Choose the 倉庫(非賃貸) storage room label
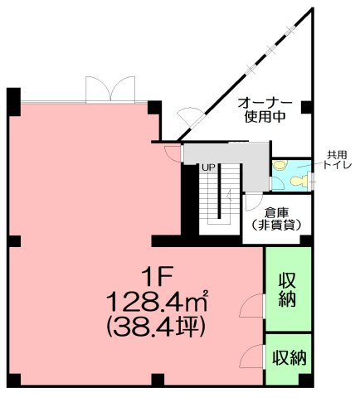pos(275,218)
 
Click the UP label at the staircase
pos(208,168)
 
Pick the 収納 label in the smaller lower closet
pos(288,357)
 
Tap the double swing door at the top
pos(109,90)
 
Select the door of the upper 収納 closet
pos(253,305)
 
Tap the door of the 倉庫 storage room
pos(250,203)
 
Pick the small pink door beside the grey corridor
pos(172,152)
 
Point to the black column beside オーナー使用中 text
pos(306,107)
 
